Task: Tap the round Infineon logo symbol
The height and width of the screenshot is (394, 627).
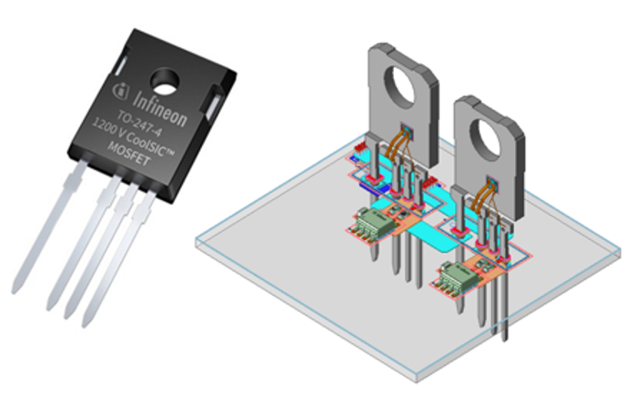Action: coord(120,91)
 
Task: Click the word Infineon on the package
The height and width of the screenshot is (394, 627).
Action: coord(159,109)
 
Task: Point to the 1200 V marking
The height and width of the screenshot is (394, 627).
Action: coord(108,129)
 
